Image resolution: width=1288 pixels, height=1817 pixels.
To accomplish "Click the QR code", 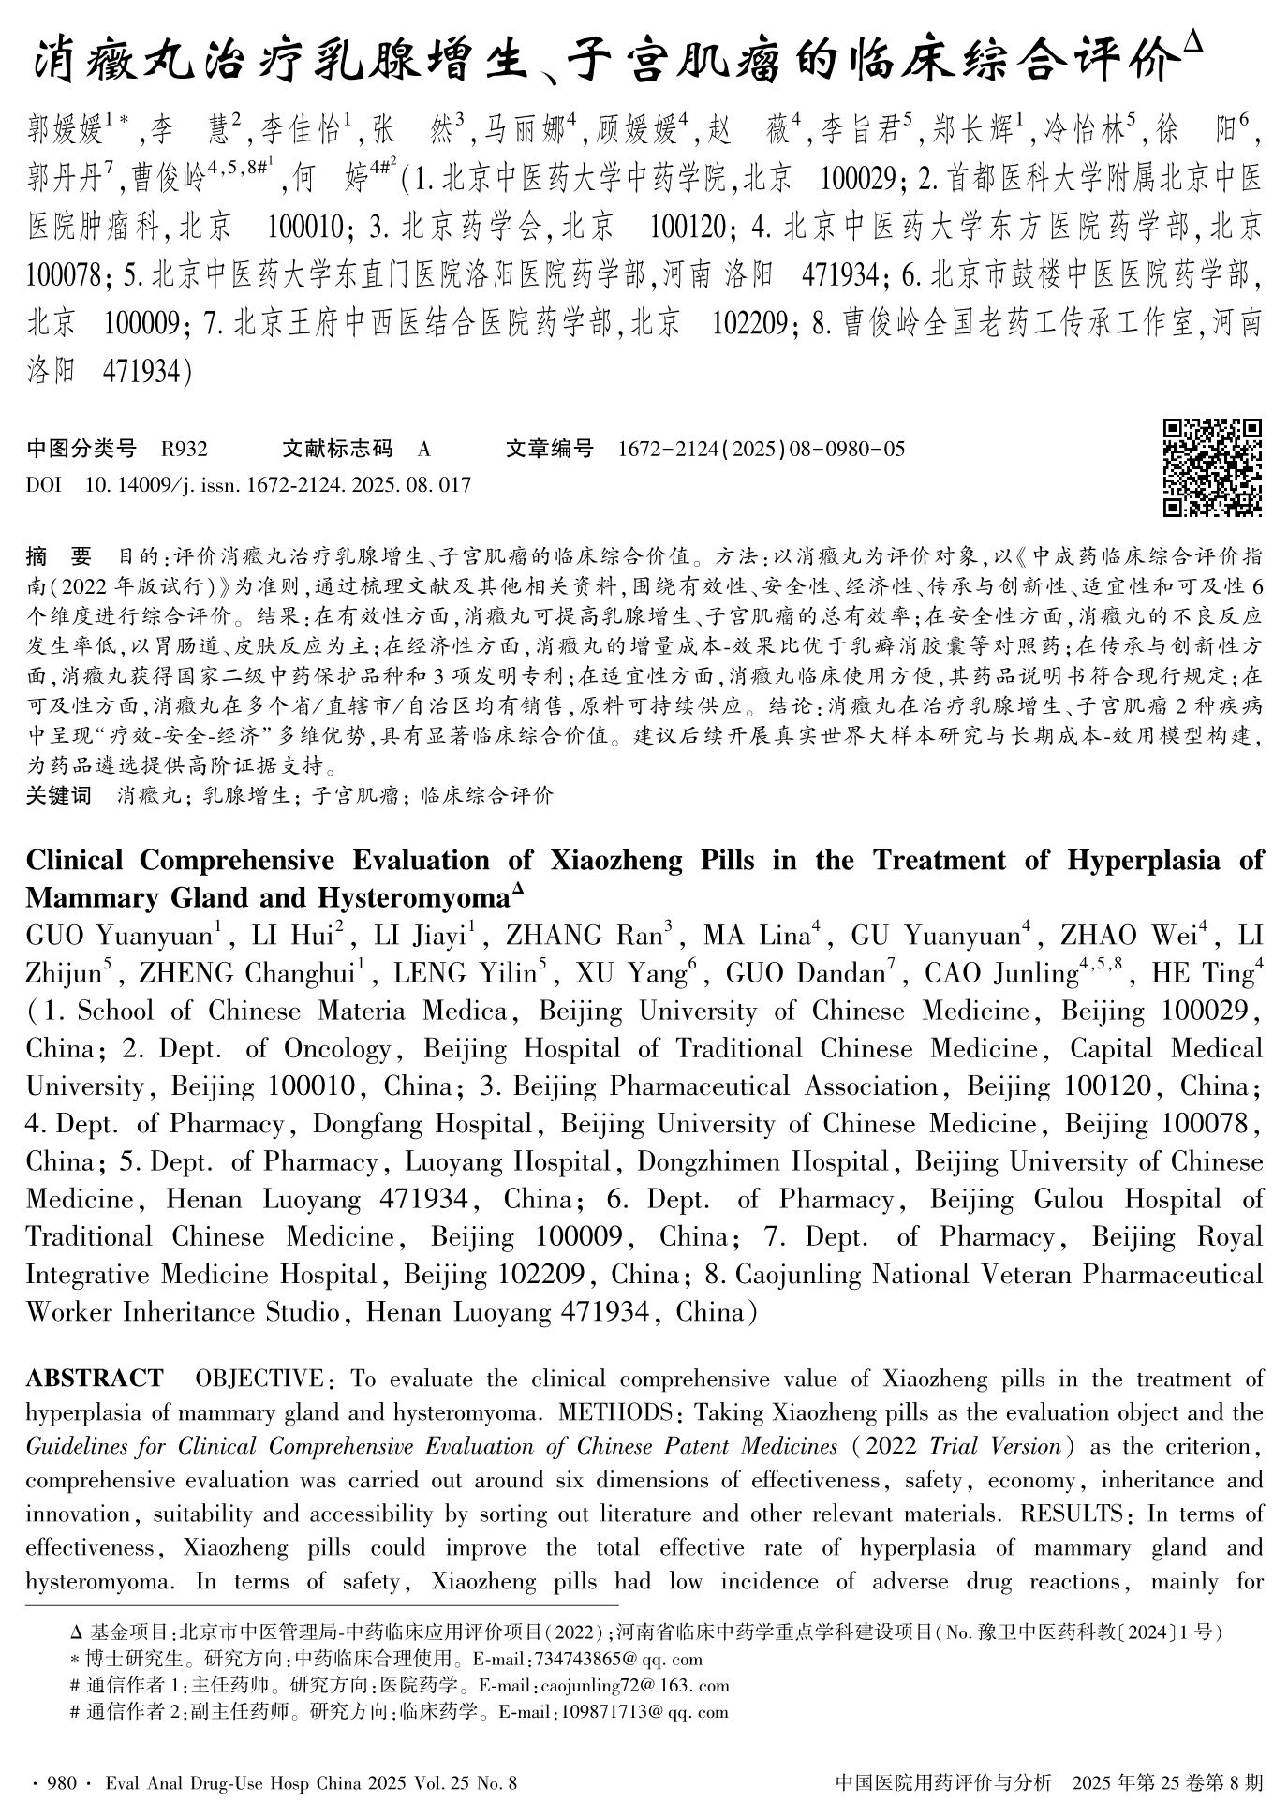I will click(1212, 467).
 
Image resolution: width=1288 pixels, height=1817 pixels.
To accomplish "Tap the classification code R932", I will click(185, 450).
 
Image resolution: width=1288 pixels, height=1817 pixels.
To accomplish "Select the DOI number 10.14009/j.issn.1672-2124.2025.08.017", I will click(277, 485).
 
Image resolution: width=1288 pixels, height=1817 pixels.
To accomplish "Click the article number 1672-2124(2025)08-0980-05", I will click(761, 450).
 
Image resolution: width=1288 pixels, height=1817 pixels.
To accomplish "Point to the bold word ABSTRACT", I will click(95, 1379).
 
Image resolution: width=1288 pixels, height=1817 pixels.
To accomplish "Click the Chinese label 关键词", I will click(58, 796).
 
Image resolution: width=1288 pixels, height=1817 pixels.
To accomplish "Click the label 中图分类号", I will click(81, 450).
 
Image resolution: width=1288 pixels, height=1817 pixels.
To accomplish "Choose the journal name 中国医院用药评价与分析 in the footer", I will click(943, 1782).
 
